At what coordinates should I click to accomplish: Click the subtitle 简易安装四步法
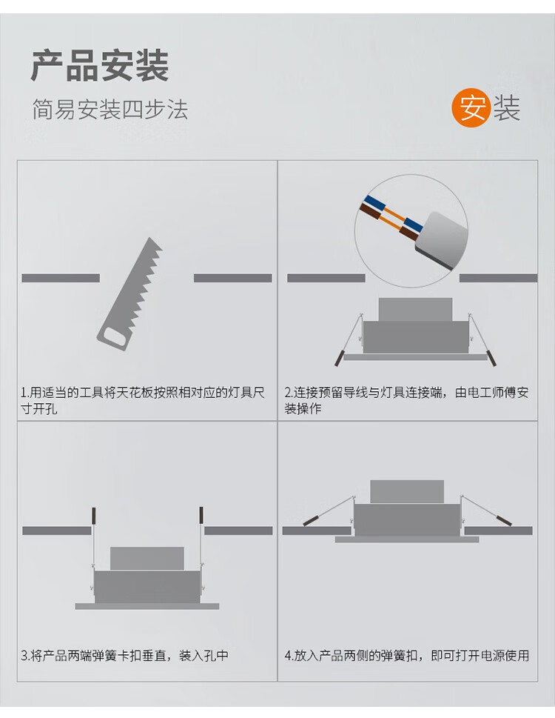click(110, 110)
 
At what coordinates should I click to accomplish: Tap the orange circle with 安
click(471, 107)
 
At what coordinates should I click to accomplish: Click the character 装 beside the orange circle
click(507, 108)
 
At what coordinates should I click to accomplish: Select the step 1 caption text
click(143, 400)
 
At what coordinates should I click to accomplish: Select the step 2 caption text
click(406, 400)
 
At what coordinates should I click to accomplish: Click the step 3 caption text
click(125, 656)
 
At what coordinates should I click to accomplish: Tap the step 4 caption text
click(407, 656)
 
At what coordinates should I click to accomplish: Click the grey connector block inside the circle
click(442, 240)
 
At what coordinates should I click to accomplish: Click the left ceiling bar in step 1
click(61, 278)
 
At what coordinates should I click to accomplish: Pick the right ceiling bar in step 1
click(232, 278)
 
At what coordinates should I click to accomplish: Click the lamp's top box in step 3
click(147, 558)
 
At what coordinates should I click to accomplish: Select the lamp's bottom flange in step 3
click(147, 606)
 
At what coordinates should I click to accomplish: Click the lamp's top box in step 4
click(407, 492)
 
